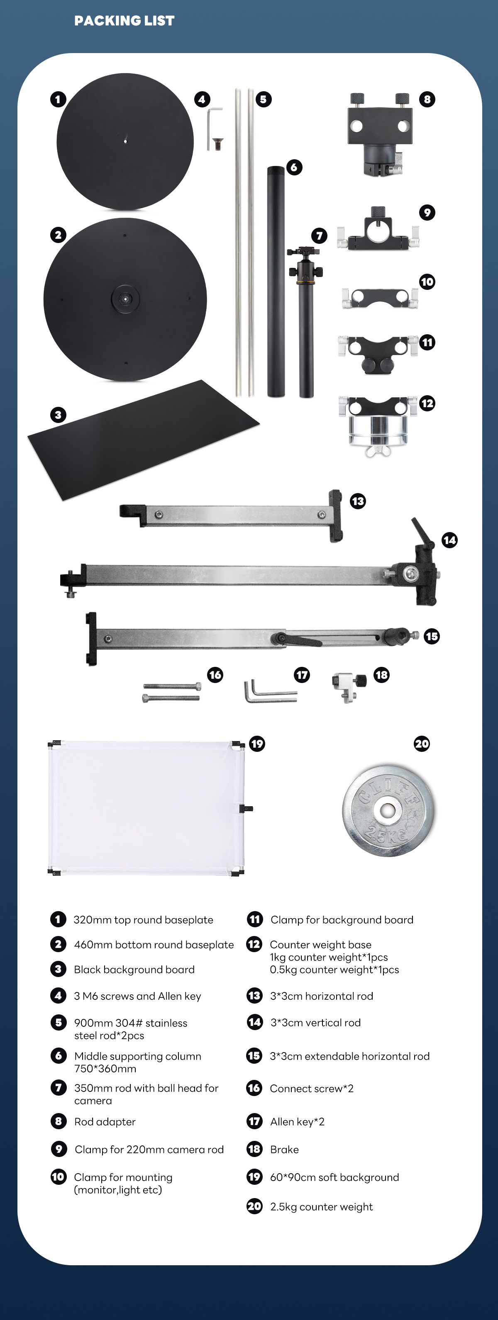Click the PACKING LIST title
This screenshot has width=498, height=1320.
tap(124, 20)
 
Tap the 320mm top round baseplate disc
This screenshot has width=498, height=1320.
tap(125, 141)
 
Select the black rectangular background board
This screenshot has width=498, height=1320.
tap(144, 440)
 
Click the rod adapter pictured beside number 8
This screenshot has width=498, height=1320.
tap(380, 135)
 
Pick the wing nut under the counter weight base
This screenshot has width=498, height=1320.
tap(378, 450)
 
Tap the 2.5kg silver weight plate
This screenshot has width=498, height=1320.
tap(388, 811)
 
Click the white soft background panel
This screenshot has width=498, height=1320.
tap(146, 807)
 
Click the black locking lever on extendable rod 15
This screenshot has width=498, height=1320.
tap(298, 639)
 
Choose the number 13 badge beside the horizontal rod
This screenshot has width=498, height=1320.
tap(358, 501)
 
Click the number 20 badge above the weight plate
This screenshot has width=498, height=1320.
tap(422, 744)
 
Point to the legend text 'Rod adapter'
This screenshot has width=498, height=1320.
tap(105, 1122)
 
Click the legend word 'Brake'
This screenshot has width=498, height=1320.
tap(284, 1150)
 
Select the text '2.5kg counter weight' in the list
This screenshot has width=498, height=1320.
tap(321, 1207)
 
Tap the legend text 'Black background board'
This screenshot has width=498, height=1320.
tap(134, 970)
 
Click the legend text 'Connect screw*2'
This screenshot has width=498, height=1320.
tap(311, 1088)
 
